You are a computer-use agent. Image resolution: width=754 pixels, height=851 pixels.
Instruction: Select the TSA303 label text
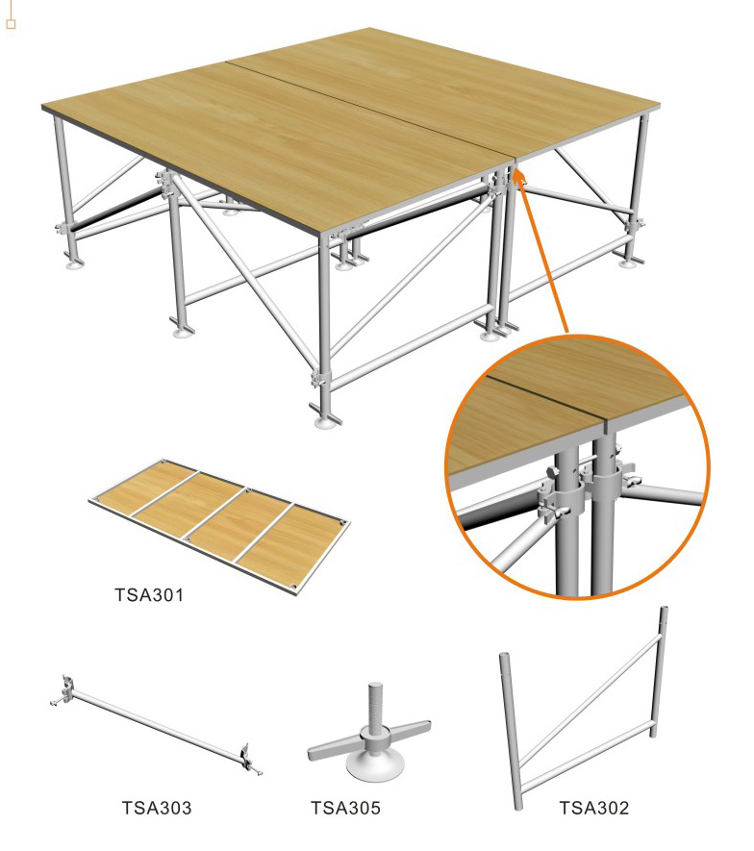157,808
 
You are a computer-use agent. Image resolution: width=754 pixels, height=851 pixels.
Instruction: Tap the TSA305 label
345,808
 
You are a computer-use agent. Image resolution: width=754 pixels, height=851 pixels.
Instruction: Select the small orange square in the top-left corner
12,22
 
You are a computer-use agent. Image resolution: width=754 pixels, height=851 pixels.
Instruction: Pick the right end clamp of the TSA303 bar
246,757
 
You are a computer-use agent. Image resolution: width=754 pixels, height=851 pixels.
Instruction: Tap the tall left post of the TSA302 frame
512,731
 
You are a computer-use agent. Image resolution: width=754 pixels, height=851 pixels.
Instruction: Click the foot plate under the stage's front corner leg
324,420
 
